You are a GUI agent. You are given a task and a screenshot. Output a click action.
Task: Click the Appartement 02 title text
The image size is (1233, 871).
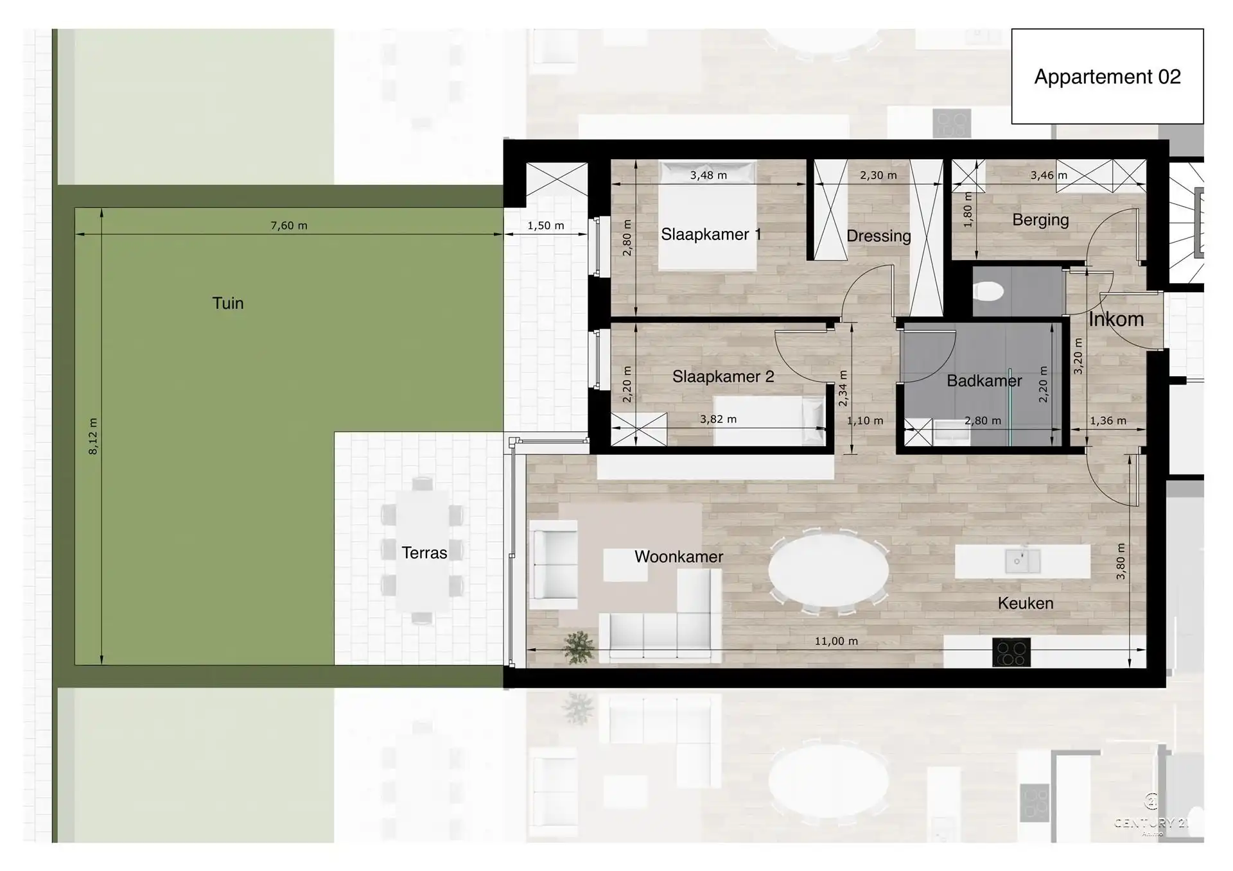pos(1107,77)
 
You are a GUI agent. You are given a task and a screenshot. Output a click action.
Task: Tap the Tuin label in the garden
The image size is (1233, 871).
pos(228,303)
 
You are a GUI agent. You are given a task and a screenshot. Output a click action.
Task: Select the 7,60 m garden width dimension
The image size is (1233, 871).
pos(289,226)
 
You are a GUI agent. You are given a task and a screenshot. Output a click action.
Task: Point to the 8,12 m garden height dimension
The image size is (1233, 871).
pos(94,436)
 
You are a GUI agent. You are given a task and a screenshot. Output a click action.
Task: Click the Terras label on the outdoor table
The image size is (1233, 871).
pos(424,553)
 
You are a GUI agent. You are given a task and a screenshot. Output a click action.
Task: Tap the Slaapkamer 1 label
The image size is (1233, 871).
pos(711,234)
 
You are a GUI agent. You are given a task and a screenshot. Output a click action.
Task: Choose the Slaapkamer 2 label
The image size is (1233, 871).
pos(723,377)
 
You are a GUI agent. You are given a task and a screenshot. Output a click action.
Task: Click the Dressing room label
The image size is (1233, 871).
pos(879,236)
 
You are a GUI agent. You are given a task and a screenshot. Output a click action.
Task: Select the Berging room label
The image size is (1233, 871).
pos(1040,220)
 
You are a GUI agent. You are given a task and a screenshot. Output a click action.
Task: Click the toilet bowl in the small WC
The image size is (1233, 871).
pos(988,293)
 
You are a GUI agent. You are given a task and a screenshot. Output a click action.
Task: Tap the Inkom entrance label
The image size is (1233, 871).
pos(1116,319)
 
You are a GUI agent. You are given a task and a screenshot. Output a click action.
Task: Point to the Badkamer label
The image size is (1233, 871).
pos(984,381)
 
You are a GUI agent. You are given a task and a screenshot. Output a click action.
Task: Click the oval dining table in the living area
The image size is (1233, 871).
pos(828,569)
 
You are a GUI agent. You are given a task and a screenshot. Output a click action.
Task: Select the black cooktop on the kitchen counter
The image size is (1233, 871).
pos(1011,653)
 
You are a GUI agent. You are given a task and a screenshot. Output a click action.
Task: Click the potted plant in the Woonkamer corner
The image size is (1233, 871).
pos(579,646)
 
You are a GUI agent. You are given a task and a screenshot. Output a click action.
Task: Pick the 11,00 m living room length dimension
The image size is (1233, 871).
pos(836,641)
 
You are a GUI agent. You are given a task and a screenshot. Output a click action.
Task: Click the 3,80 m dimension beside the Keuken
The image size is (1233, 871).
pos(1121,562)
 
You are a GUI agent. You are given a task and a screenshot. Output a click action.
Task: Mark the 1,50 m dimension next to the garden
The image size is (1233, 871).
pos(546,226)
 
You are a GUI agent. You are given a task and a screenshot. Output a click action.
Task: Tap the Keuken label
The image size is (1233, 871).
pos(1026,603)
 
